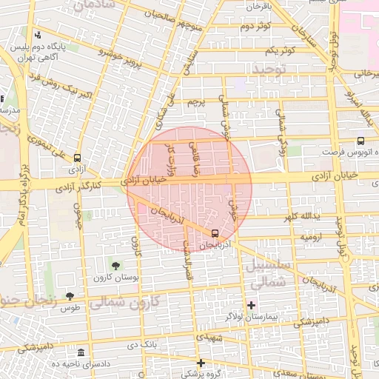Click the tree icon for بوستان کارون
point(115,265)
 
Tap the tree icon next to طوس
point(70,295)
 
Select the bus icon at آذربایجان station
point(215,233)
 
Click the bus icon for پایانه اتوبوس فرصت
point(360,141)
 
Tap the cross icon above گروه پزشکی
point(201,363)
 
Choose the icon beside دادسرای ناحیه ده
point(80,352)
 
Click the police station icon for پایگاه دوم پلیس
point(38,35)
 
